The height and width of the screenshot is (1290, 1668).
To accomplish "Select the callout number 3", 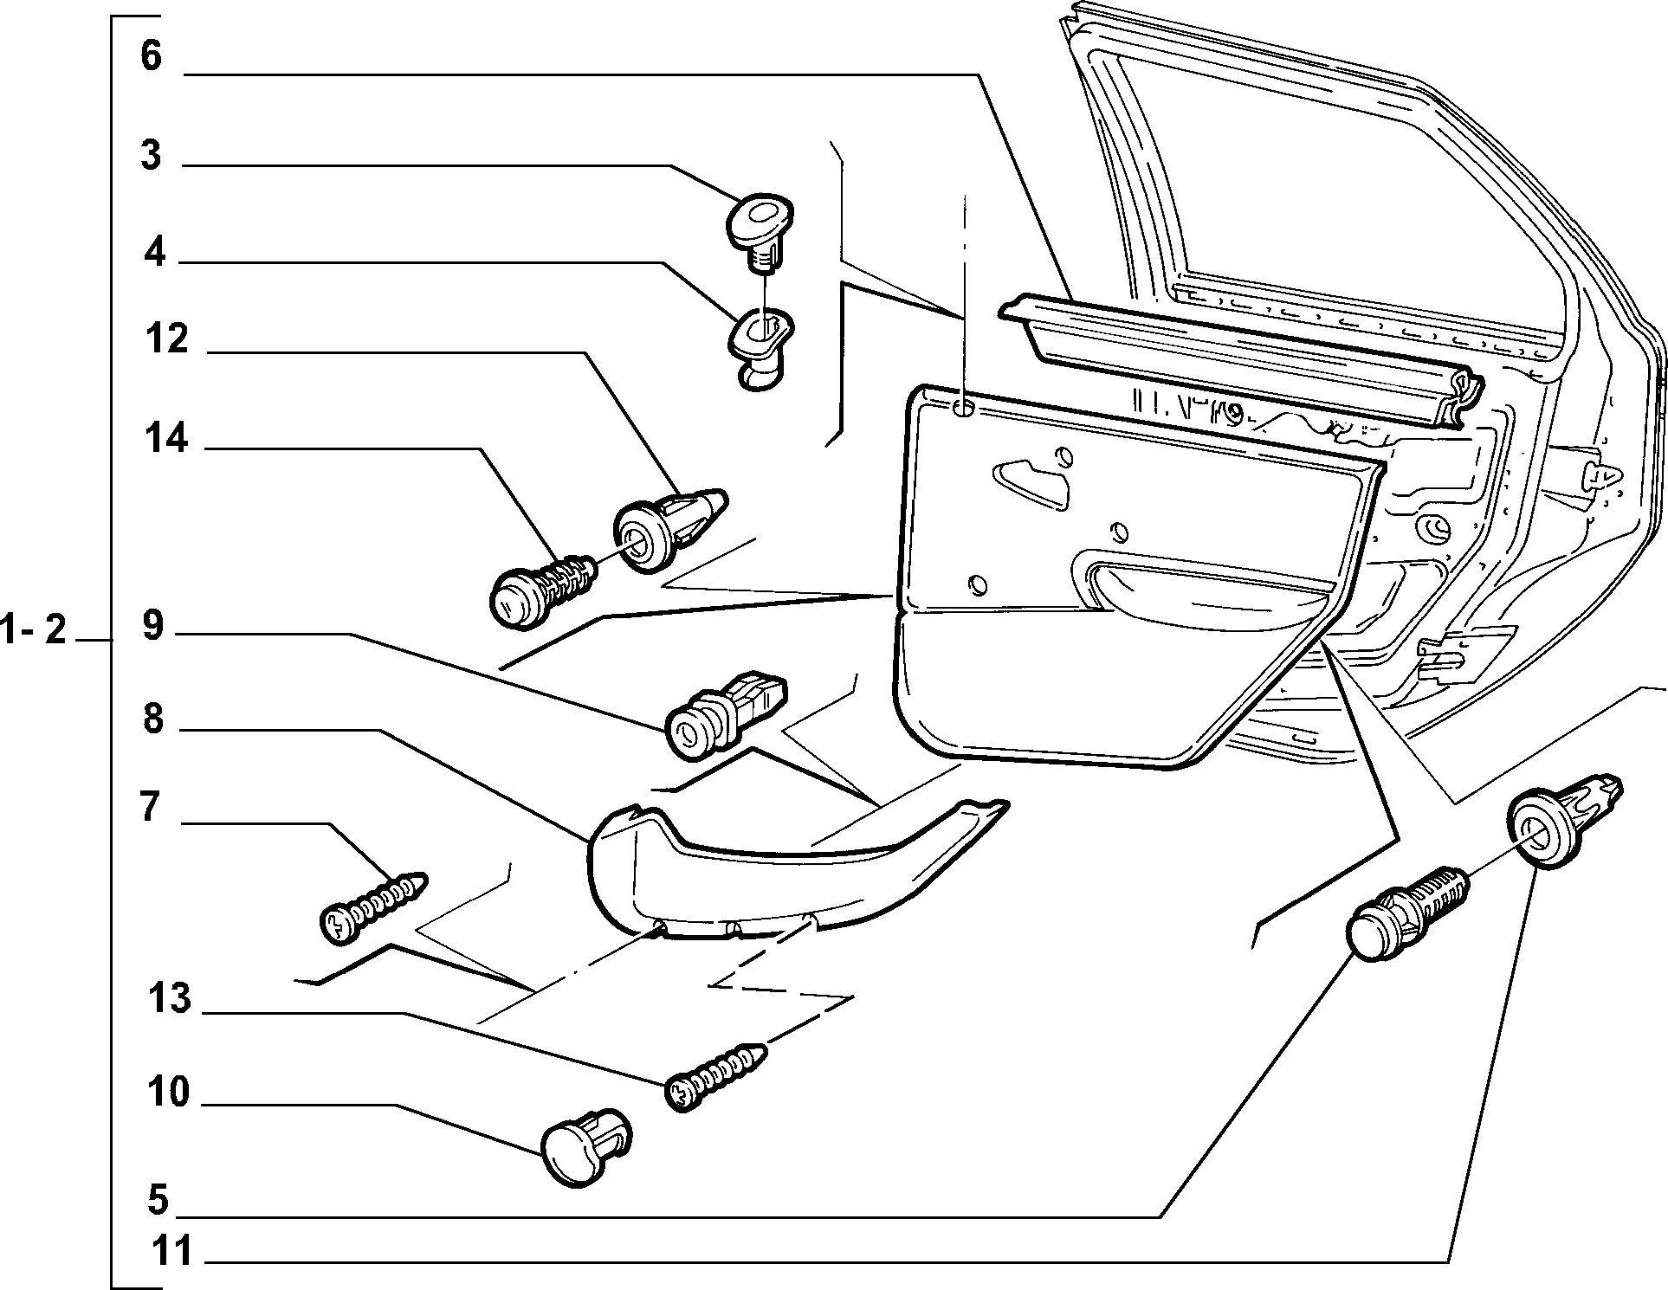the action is coord(151,156).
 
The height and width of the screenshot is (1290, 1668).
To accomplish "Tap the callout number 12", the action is coord(167,339).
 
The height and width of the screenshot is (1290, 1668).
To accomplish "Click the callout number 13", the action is coord(170,998).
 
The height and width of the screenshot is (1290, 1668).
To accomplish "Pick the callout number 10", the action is coord(168,1092).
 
